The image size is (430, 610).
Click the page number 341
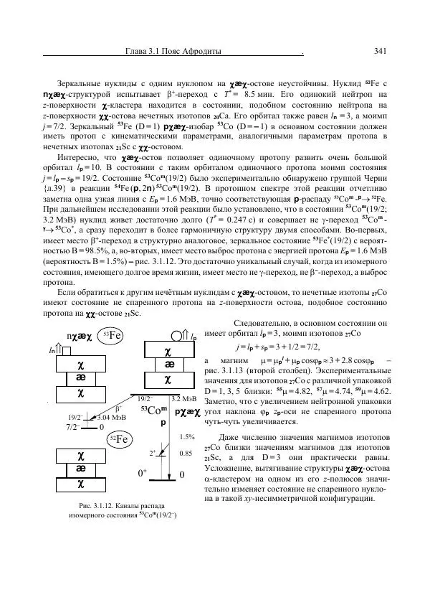pyautogui.click(x=381, y=51)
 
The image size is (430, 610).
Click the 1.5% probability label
pyautogui.click(x=187, y=436)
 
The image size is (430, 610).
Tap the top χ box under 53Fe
pyautogui.click(x=81, y=362)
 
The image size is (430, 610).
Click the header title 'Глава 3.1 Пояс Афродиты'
pyautogui.click(x=173, y=51)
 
